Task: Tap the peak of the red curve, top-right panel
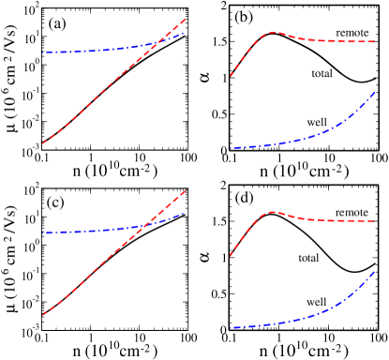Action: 273,33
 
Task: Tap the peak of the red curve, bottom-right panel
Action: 273,212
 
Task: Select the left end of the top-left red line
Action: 42,143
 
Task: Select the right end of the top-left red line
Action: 185,19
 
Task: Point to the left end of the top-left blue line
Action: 43,52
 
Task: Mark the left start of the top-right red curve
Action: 231,76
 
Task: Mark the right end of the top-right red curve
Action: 375,41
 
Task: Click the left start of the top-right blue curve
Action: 231,148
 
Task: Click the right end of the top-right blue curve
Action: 375,92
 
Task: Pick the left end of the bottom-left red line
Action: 42,315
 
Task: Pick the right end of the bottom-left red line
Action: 185,191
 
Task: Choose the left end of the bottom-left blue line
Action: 43,232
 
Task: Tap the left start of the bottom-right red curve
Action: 231,255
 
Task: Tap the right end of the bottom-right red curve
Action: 375,220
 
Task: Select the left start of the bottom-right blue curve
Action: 231,327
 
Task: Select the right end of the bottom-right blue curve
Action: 375,272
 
